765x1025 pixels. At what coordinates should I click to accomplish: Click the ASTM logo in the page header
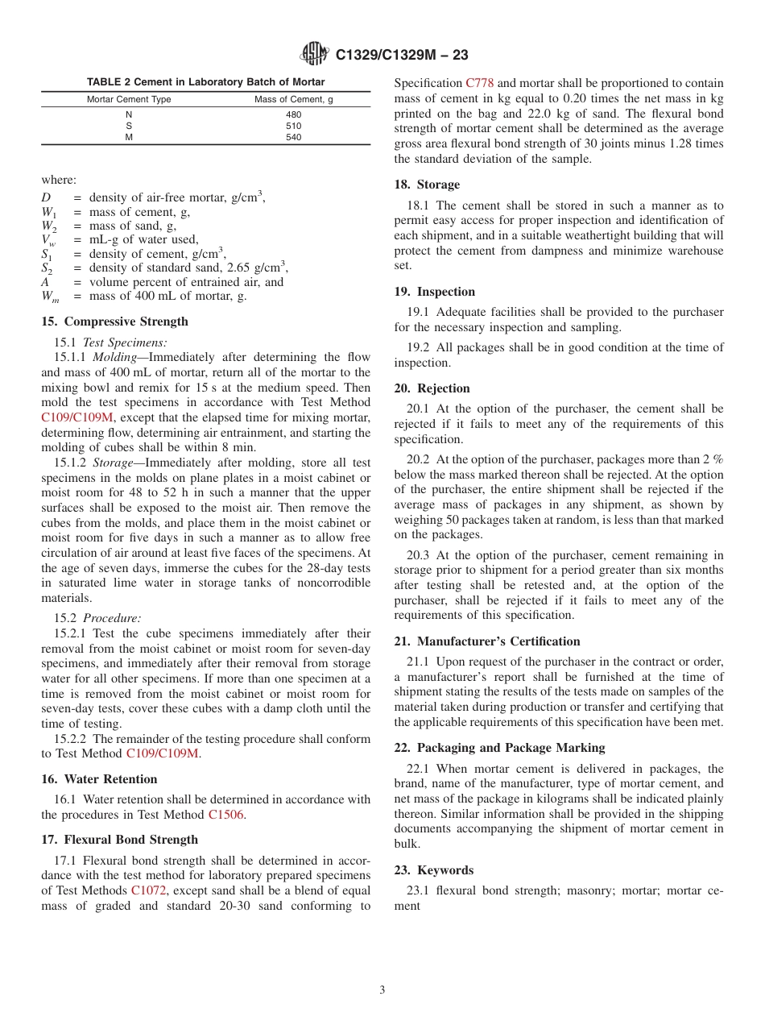[x=314, y=54]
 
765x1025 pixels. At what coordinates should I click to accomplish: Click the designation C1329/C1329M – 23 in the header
[x=401, y=55]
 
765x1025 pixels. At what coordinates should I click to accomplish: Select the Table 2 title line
[x=205, y=82]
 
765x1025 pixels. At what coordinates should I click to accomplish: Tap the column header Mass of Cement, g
[x=288, y=100]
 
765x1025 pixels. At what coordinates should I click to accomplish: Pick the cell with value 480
[x=293, y=114]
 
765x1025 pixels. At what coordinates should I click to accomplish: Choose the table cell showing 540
[x=293, y=137]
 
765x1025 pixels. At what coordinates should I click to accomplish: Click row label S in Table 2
[x=129, y=126]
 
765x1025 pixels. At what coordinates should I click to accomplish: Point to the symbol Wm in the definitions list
[x=50, y=297]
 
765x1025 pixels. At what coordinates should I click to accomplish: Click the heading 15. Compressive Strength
[x=114, y=322]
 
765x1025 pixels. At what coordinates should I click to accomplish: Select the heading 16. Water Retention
[x=99, y=779]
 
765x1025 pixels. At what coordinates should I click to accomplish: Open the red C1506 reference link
[x=226, y=815]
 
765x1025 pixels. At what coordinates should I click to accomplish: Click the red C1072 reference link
[x=148, y=890]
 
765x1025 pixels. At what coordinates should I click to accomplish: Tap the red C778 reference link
[x=479, y=83]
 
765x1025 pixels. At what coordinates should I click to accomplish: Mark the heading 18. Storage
[x=427, y=185]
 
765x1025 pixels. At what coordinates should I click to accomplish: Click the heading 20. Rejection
[x=432, y=388]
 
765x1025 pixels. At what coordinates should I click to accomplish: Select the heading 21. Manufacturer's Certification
[x=486, y=641]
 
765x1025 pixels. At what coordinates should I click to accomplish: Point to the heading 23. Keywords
[x=433, y=870]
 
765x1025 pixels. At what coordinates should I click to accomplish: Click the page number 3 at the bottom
[x=382, y=990]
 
